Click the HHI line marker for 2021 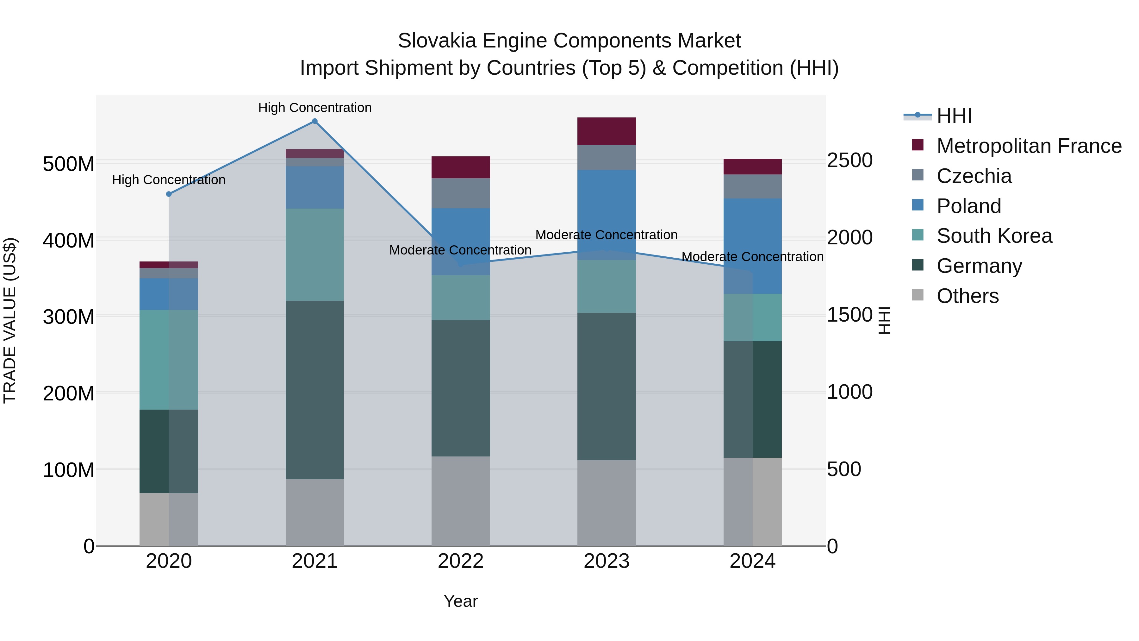coord(314,121)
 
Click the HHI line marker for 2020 coord(168,194)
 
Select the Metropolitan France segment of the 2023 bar coord(606,131)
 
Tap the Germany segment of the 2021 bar coord(314,390)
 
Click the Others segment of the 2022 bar coord(460,501)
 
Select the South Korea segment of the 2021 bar coord(314,255)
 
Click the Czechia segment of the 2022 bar coord(460,193)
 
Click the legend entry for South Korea coord(994,236)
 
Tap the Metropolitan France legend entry coord(1029,146)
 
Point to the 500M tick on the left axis coord(69,164)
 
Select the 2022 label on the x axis coord(460,561)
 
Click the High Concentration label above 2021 coord(314,108)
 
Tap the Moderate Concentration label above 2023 coord(606,235)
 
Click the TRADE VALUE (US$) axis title coord(10,320)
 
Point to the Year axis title coord(460,601)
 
